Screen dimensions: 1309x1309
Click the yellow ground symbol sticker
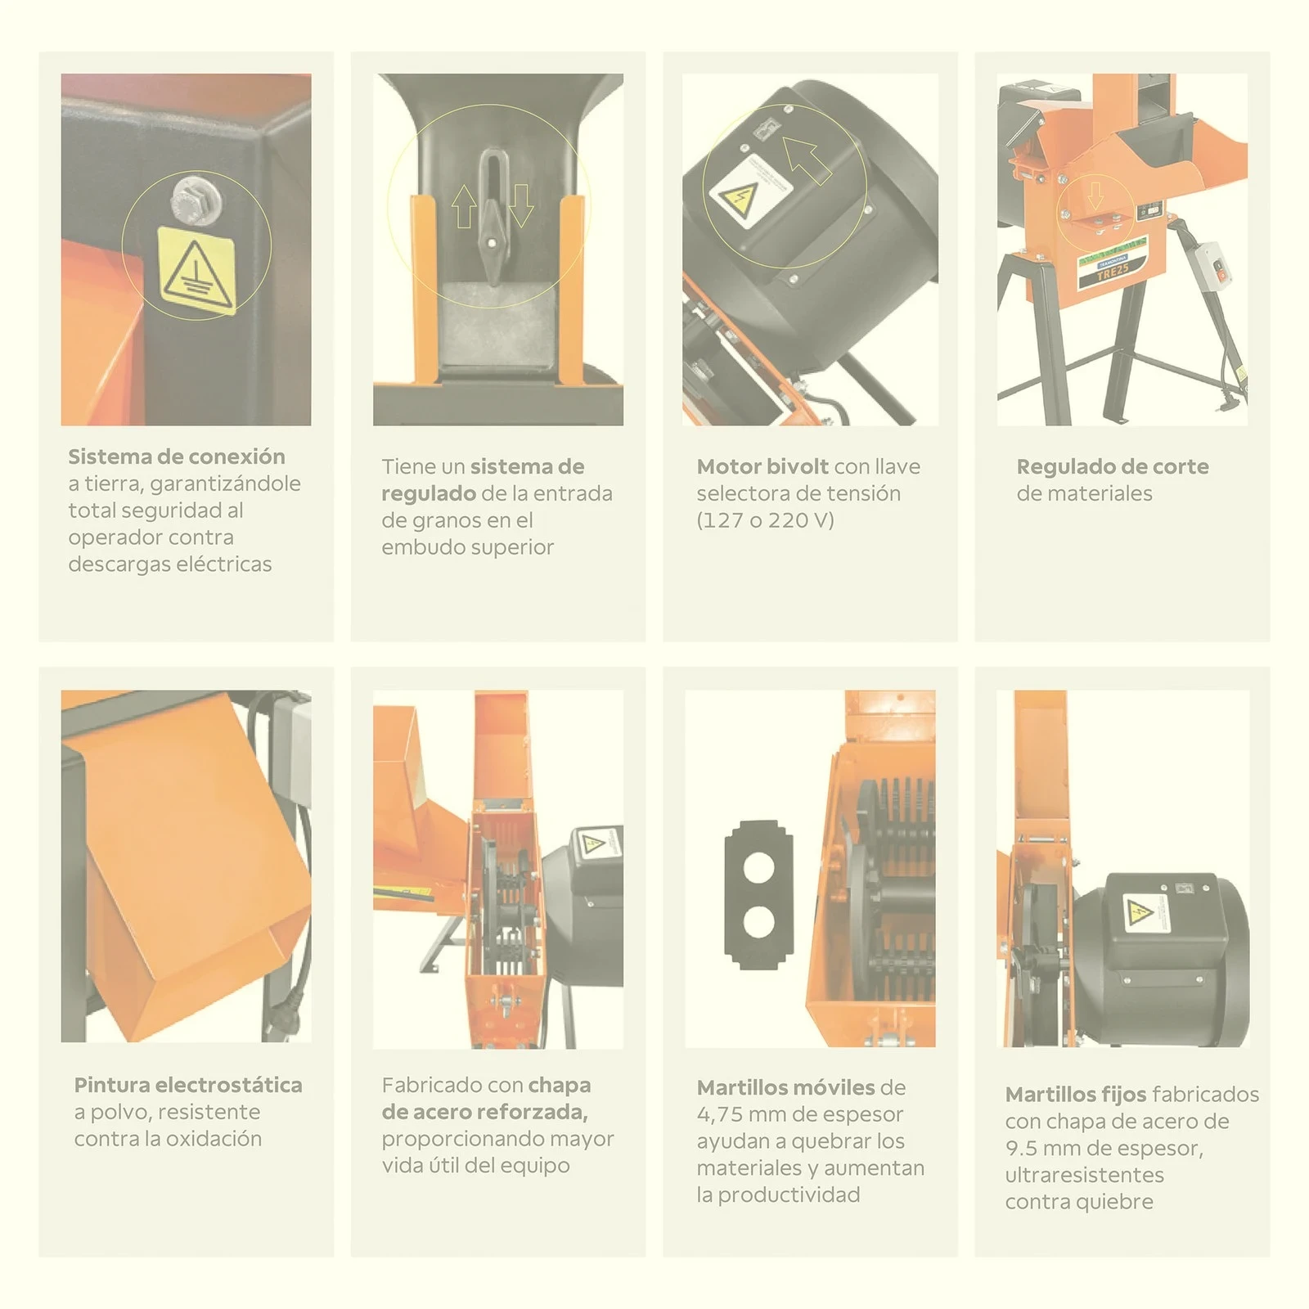pyautogui.click(x=196, y=270)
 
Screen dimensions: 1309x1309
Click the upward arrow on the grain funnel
pyautogui.click(x=464, y=205)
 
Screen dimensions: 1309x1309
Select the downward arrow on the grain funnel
pyautogui.click(x=521, y=205)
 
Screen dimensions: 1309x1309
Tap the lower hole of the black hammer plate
pyautogui.click(x=758, y=922)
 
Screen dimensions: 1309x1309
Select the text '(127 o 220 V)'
pyautogui.click(x=765, y=520)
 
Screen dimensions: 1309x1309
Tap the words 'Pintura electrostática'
pyautogui.click(x=188, y=1085)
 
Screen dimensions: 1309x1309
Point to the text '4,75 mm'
pyautogui.click(x=731, y=1114)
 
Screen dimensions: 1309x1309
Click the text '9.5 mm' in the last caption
pyautogui.click(x=1043, y=1148)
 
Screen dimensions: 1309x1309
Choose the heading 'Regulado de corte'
pyautogui.click(x=1113, y=466)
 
